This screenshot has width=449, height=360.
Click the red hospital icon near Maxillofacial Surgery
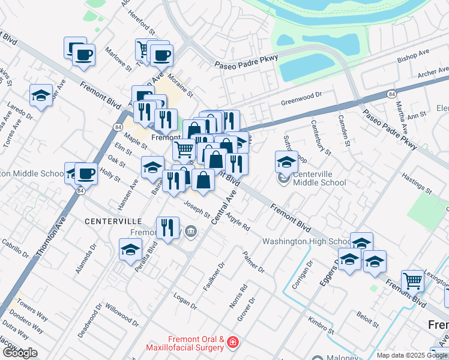[x=232, y=344]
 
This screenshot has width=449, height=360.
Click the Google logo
[x=20, y=353]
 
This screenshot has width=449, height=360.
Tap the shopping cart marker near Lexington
[x=412, y=280]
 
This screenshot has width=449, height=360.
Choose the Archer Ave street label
[x=434, y=74]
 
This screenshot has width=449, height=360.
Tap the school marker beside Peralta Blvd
[x=130, y=250]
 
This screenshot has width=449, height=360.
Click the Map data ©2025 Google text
[x=412, y=355]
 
